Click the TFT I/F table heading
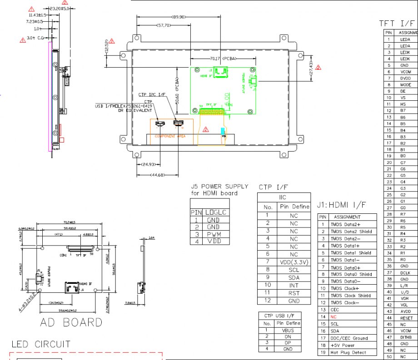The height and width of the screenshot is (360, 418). click(398, 23)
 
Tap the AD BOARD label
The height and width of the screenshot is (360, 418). click(71, 322)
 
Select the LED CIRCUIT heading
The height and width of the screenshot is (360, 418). click(41, 344)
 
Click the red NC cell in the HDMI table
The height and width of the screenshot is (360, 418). click(333, 316)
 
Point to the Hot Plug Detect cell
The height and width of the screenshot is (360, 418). click(348, 352)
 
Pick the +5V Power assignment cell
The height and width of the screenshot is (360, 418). click(343, 345)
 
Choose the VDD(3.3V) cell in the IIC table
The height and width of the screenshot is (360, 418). click(294, 262)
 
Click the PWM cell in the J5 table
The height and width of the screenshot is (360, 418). click(213, 234)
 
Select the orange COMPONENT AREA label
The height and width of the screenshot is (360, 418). click(170, 136)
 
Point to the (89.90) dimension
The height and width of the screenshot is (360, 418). click(178, 17)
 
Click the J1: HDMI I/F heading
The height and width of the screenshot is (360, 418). click(341, 205)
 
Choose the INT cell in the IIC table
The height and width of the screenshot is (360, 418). click(294, 285)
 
